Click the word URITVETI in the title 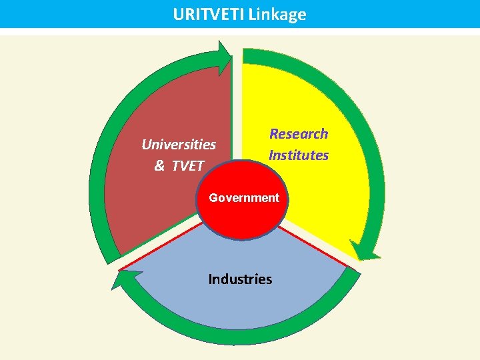tap(208, 14)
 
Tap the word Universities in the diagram tap(179, 144)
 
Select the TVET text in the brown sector tap(187, 166)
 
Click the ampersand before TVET tap(159, 166)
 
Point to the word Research tap(299, 133)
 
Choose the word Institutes tap(299, 155)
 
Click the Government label tap(244, 197)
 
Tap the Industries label tap(240, 279)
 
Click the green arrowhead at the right tap(365, 252)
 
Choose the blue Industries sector tap(240, 307)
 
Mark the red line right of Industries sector tap(313, 247)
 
